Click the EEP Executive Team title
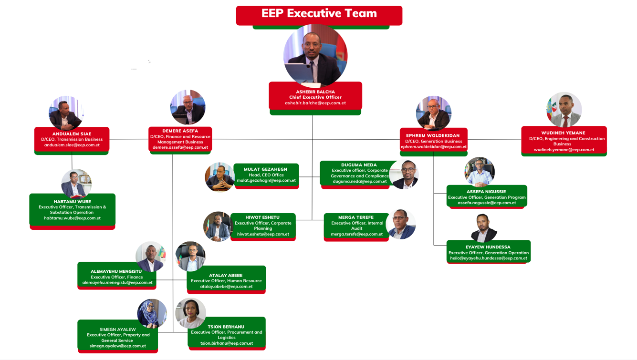click(319, 13)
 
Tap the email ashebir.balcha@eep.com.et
click(315, 103)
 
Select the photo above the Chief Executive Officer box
click(315, 55)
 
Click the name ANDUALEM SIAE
click(72, 134)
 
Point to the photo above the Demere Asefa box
click(188, 107)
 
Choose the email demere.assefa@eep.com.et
click(180, 147)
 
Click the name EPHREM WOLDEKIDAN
click(433, 135)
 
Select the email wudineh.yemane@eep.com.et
click(564, 150)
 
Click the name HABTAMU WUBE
click(72, 202)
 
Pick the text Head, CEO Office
click(266, 175)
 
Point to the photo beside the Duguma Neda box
click(404, 175)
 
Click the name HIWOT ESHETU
click(262, 217)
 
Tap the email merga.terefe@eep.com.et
click(356, 234)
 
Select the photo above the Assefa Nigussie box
click(480, 172)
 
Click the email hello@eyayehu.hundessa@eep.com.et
click(489, 258)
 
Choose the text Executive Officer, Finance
click(117, 277)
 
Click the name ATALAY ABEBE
click(226, 275)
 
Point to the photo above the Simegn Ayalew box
click(152, 313)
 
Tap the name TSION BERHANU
click(226, 327)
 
